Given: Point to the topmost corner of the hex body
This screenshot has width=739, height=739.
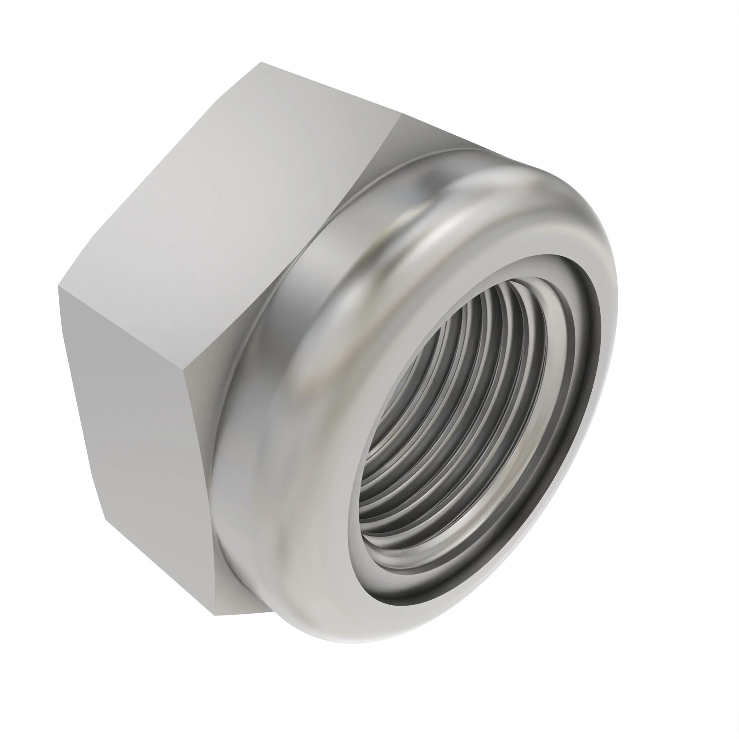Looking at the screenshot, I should pos(261,62).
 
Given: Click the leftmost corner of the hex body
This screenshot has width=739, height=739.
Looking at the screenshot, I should pos(58,286).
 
